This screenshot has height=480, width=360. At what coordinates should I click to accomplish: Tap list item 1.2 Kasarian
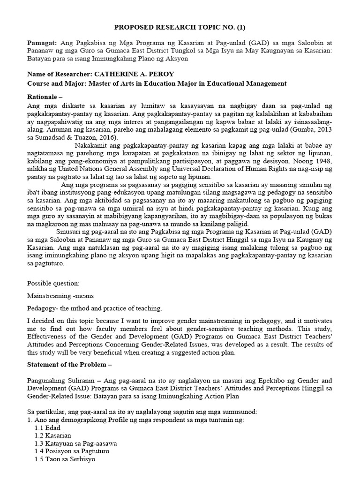[52, 435]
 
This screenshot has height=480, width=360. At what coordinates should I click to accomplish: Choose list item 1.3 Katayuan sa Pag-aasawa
[75, 443]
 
